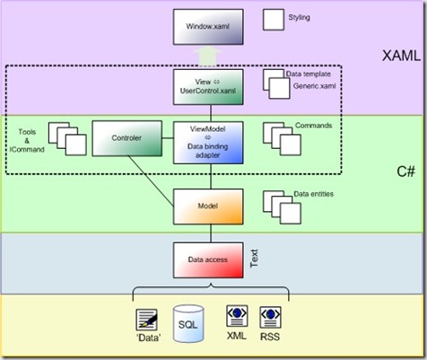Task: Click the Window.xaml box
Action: (208, 27)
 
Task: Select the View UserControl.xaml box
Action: (208, 87)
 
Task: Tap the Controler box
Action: (127, 138)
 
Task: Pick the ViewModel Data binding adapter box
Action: (208, 143)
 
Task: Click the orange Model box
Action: (208, 206)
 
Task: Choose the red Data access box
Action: (208, 260)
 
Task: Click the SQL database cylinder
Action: (188, 324)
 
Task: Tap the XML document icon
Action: (237, 316)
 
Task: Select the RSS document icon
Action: (270, 317)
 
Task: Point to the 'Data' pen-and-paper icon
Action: (146, 320)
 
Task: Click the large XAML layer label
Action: (401, 56)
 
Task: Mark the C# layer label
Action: (405, 171)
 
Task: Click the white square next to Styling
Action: (274, 20)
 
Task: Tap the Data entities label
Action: (313, 194)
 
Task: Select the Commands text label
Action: (313, 126)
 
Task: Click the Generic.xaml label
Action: (314, 86)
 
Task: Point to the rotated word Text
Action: (254, 259)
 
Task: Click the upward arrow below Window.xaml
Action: (207, 57)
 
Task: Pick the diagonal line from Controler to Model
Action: (151, 181)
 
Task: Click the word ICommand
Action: (27, 149)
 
